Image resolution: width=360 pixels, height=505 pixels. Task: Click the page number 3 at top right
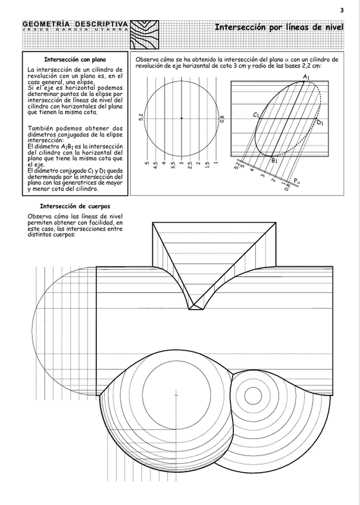[x=342, y=10]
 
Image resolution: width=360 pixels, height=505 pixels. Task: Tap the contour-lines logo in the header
[x=145, y=35]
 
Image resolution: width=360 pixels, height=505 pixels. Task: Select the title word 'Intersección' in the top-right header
[x=239, y=27]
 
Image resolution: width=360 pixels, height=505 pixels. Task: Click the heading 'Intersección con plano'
[x=75, y=60]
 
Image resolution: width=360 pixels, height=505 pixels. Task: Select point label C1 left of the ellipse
[x=256, y=114]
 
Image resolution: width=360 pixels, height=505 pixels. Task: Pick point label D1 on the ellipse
[x=320, y=123]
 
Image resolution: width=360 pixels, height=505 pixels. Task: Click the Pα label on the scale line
[x=297, y=180]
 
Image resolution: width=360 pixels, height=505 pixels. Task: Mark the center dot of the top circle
[x=181, y=118]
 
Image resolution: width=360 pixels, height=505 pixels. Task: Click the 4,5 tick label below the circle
[x=155, y=165]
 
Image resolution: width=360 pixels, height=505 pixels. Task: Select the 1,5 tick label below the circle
[x=207, y=165]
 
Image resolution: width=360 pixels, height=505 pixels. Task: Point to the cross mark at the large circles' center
[x=176, y=394]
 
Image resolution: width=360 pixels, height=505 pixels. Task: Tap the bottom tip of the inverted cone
[x=196, y=308]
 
